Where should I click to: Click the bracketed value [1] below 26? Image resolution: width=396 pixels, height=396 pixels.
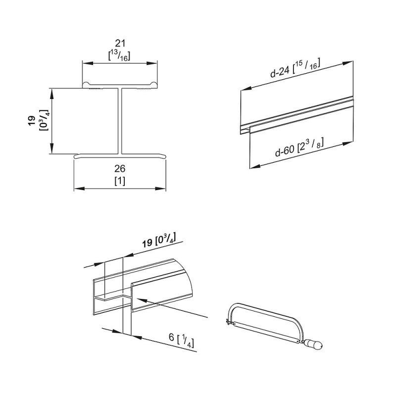pos(120,181)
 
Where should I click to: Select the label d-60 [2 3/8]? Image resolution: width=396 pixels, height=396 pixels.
pos(300,148)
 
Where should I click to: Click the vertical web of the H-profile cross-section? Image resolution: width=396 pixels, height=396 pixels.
pos(120,121)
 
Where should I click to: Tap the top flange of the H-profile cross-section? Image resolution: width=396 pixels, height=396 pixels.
pos(120,86)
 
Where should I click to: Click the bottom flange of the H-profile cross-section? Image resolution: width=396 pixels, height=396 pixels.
pos(120,155)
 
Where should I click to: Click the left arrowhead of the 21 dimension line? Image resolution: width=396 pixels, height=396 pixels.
pos(85,63)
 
